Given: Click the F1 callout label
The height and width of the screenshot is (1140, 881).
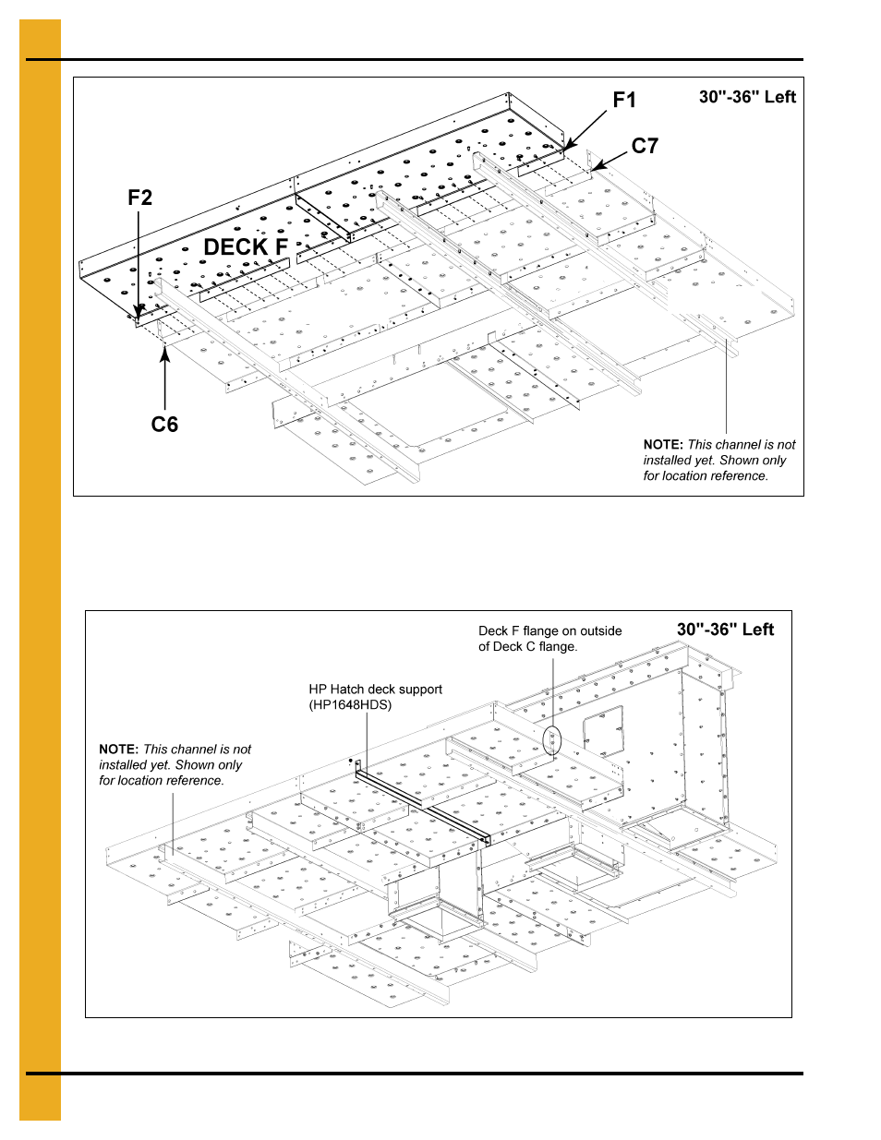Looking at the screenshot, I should [x=624, y=100].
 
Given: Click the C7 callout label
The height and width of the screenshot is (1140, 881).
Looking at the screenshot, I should [x=645, y=146].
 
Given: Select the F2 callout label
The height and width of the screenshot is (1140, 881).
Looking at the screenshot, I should [x=139, y=198].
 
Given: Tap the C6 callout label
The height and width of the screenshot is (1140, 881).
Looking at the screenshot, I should [x=164, y=424].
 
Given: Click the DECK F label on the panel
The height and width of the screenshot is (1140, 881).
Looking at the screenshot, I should [x=246, y=247].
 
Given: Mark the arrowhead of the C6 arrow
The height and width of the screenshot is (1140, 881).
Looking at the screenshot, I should [x=165, y=353].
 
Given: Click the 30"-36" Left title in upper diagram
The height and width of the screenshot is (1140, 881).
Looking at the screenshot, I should [x=746, y=97].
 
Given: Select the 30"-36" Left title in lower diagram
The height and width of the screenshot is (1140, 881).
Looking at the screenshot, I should [x=725, y=630].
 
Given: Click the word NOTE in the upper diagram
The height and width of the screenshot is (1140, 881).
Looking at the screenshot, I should [x=663, y=445].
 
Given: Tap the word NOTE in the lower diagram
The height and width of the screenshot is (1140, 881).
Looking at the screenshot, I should [x=118, y=750].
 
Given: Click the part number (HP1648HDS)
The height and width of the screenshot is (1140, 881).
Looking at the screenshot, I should [x=350, y=705].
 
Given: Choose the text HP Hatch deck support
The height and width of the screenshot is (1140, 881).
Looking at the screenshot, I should [x=375, y=690].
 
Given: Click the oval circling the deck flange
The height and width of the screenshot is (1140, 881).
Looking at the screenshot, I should [x=553, y=740].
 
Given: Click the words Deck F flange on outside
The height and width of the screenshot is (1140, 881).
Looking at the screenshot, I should [x=549, y=631].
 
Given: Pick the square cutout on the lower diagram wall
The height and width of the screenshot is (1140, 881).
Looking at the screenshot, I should [x=603, y=731].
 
